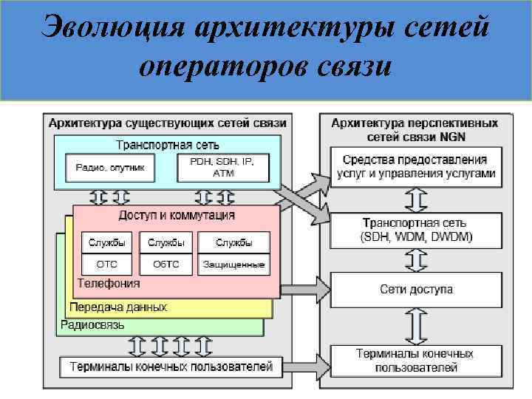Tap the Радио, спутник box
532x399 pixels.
click(110, 168)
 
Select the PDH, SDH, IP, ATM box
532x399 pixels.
click(223, 168)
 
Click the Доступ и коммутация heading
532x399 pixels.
click(177, 215)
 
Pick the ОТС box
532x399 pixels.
click(104, 264)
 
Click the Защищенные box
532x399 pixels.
click(234, 264)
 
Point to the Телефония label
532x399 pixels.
click(109, 283)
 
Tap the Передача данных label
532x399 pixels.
click(118, 307)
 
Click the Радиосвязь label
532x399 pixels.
click(92, 324)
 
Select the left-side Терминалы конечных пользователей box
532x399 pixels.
click(171, 366)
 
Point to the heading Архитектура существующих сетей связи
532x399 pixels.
click(168, 122)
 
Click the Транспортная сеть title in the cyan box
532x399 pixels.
click(168, 145)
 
